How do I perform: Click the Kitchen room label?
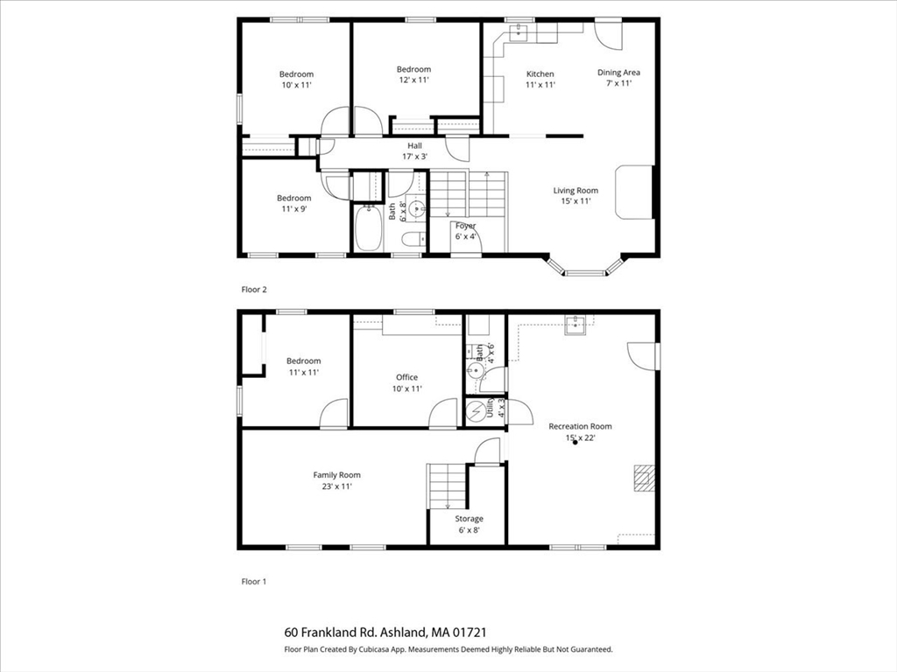[x=540, y=73]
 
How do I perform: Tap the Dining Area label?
[x=618, y=73]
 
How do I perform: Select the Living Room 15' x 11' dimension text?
[x=575, y=201]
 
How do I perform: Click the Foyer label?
[x=465, y=226]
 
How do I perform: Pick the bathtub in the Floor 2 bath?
[x=368, y=228]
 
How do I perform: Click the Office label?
[x=406, y=377]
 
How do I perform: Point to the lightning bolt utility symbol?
[x=477, y=410]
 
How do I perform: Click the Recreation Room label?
[x=580, y=426]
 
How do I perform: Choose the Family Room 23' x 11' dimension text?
[x=336, y=486]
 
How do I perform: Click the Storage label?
[x=469, y=519]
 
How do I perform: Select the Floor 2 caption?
[x=254, y=288]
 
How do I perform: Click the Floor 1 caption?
[x=254, y=580]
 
